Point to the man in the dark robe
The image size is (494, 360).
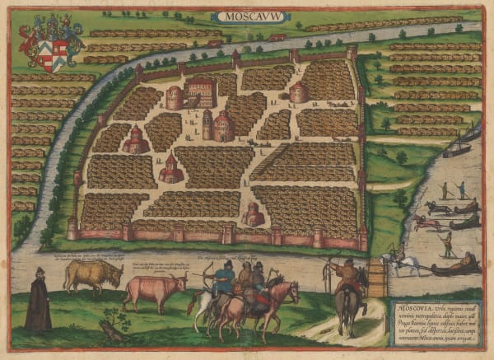pos(37,300)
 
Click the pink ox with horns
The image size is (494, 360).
pos(155,289)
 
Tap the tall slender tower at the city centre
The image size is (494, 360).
pos(207,124)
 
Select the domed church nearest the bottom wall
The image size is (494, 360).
pos(253,214)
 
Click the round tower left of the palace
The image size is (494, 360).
pos(175,97)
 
